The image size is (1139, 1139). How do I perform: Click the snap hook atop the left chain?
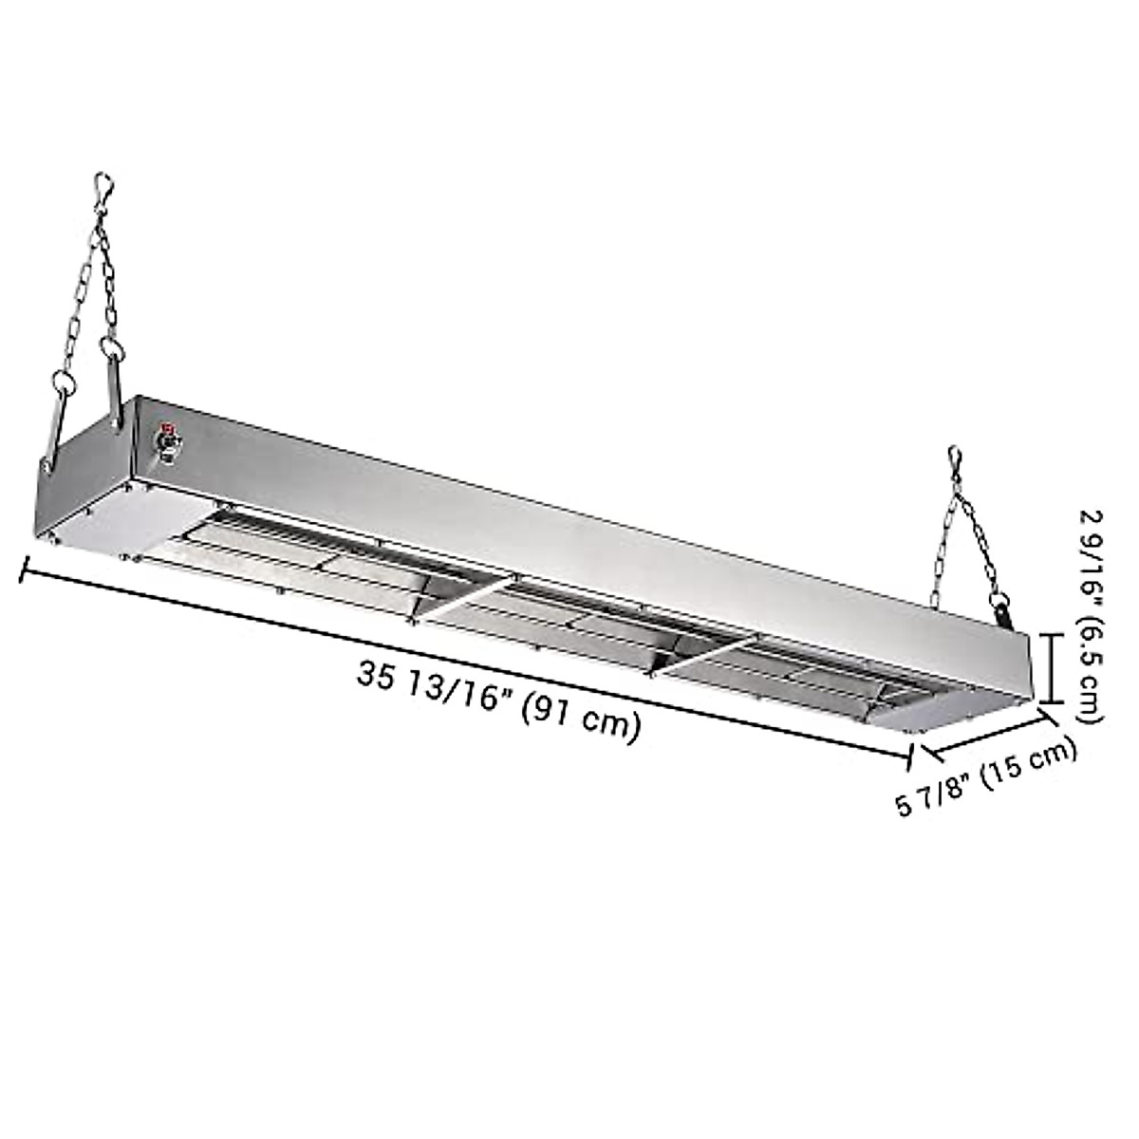point(105,188)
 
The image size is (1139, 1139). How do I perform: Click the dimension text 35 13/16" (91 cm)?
point(497,702)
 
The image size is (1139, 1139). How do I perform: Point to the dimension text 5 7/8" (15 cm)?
point(986,778)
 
